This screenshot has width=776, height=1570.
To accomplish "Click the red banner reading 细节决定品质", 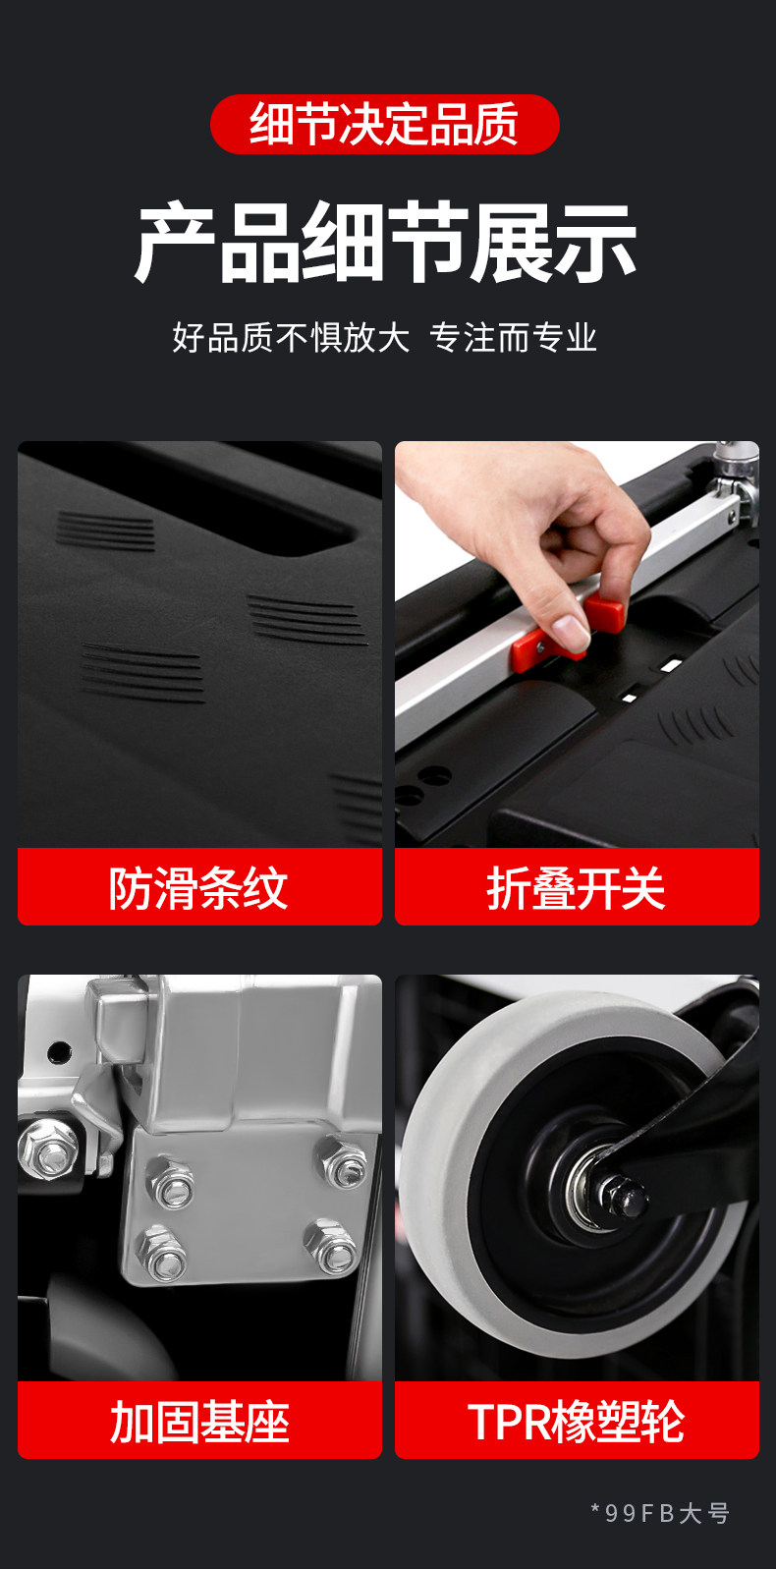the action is pyautogui.click(x=385, y=124).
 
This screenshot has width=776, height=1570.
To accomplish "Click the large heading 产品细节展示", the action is pyautogui.click(x=386, y=242).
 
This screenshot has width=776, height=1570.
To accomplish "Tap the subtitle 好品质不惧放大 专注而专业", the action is pyautogui.click(x=385, y=337).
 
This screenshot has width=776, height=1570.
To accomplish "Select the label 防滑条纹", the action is pyautogui.click(x=198, y=888).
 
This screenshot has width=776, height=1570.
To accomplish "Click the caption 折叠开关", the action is pyautogui.click(x=577, y=888).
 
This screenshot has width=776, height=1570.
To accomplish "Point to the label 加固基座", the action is pyautogui.click(x=199, y=1422).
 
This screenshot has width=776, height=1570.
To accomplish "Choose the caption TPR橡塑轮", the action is pyautogui.click(x=577, y=1422).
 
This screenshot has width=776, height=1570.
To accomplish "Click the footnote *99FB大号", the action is pyautogui.click(x=660, y=1513).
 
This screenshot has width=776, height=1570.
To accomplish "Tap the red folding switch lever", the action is pyautogui.click(x=567, y=632).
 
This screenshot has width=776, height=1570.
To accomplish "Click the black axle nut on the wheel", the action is pyautogui.click(x=623, y=1197).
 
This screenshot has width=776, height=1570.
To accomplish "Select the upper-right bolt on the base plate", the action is pyautogui.click(x=342, y=1162).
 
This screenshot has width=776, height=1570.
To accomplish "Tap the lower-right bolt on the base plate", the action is pyautogui.click(x=332, y=1247).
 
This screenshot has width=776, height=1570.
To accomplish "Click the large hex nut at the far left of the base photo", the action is pyautogui.click(x=48, y=1149).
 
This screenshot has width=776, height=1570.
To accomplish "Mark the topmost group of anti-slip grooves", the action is pyautogui.click(x=106, y=532).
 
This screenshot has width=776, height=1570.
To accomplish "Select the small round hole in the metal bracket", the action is pyautogui.click(x=58, y=1051).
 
